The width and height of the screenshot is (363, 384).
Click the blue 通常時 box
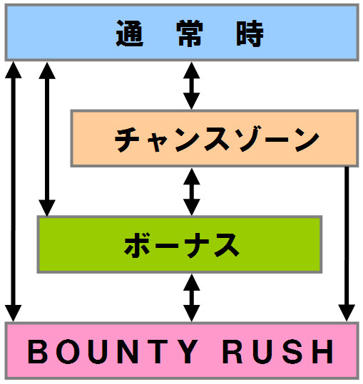(x=182, y=32)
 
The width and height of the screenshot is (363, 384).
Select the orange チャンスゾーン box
(x=215, y=138)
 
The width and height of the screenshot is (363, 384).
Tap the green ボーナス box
(x=180, y=244)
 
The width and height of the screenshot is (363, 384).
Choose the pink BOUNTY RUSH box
(x=182, y=351)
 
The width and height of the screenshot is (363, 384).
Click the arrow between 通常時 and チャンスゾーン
(x=191, y=85)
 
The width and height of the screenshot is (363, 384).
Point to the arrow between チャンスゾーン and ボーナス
(x=191, y=192)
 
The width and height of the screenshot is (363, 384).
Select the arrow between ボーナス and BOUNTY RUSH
(x=191, y=298)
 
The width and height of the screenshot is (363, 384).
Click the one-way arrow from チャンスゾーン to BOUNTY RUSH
(x=347, y=244)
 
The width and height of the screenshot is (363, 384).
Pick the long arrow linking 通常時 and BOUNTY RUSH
(x=14, y=192)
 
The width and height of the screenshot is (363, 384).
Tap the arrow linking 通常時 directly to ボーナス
(x=47, y=139)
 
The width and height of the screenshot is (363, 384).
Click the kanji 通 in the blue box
(x=129, y=33)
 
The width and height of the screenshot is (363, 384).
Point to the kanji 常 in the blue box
(x=190, y=33)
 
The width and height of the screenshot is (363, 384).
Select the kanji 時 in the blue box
(x=250, y=33)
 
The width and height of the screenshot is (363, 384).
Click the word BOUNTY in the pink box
(x=113, y=351)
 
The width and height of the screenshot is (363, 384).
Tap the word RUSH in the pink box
(x=278, y=351)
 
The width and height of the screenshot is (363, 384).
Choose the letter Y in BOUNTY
(x=185, y=351)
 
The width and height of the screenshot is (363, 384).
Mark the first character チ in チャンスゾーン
(x=127, y=140)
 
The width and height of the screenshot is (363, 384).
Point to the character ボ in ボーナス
(x=137, y=245)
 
